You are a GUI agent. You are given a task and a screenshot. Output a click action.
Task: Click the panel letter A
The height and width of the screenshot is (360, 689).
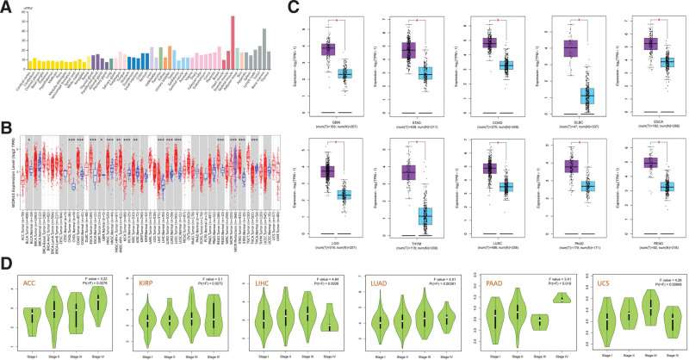(6, 7)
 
